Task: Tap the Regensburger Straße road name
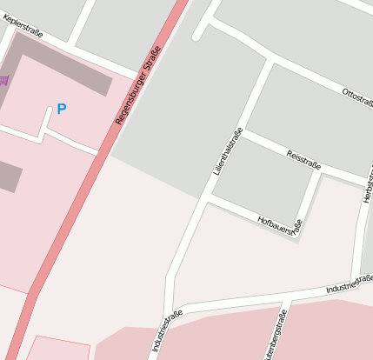pyautogui.click(x=138, y=87)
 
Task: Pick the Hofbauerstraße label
pyautogui.click(x=280, y=226)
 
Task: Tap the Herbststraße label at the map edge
pyautogui.click(x=369, y=183)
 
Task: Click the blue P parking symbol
pyautogui.click(x=61, y=109)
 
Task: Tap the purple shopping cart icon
pyautogui.click(x=3, y=80)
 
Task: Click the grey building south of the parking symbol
pyautogui.click(x=9, y=177)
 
